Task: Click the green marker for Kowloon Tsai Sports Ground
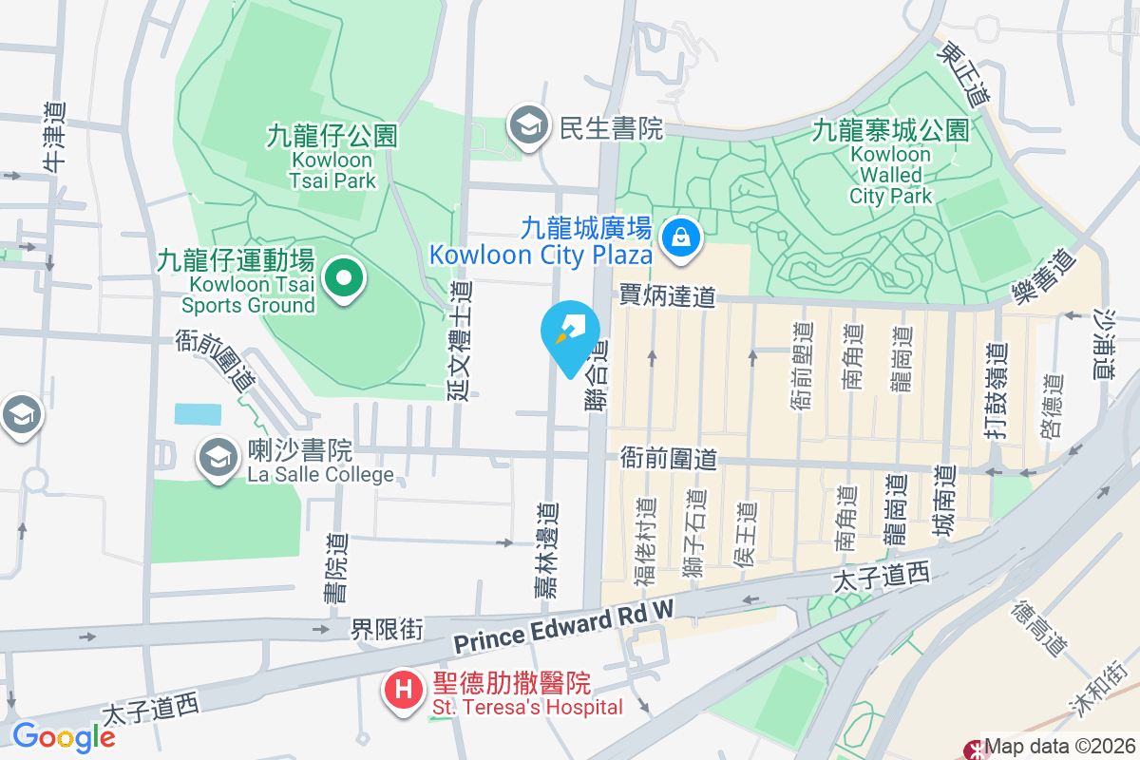(x=345, y=279)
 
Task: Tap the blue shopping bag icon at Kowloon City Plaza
(x=682, y=238)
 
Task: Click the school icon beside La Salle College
(x=218, y=460)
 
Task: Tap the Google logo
(x=64, y=737)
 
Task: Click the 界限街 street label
(x=387, y=629)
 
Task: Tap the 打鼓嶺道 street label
(x=996, y=391)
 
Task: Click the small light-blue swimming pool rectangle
(x=198, y=414)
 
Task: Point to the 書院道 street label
(x=335, y=568)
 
